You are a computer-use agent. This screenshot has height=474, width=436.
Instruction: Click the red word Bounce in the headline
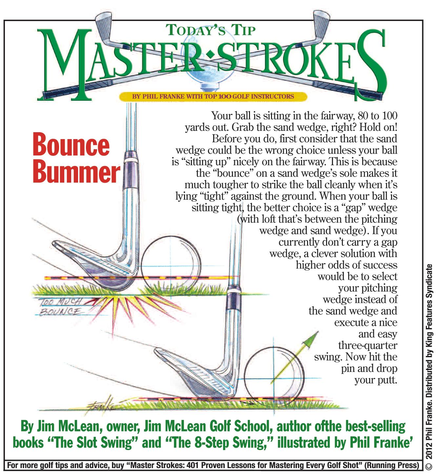pyautogui.click(x=71, y=145)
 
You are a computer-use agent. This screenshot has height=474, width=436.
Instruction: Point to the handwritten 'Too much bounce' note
pyautogui.click(x=61, y=306)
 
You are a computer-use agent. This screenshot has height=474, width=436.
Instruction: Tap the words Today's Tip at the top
pyautogui.click(x=211, y=30)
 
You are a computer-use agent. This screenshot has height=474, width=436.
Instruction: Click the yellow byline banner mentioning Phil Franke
pyautogui.click(x=213, y=96)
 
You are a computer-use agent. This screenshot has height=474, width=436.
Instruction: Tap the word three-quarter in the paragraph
pyautogui.click(x=367, y=345)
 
